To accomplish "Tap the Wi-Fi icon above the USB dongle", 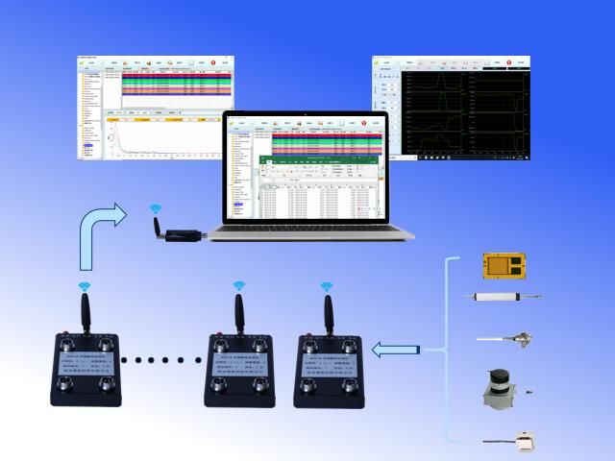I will pos(154,208).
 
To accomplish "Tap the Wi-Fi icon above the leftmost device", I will pos(84,285).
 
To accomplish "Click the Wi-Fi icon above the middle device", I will pos(238,285).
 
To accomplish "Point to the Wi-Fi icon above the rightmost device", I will pos(326,286).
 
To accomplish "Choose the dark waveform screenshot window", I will pos(451,109).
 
